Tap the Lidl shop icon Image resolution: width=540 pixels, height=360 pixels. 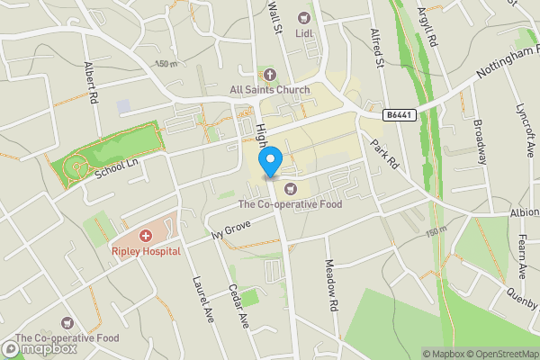pyautogui.click(x=302, y=17)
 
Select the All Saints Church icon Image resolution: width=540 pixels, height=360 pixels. pyautogui.click(x=269, y=75)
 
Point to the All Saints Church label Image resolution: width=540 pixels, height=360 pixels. pyautogui.click(x=269, y=90)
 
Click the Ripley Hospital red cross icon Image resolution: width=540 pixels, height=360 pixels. pyautogui.click(x=146, y=234)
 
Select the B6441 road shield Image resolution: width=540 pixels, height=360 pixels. pyautogui.click(x=400, y=115)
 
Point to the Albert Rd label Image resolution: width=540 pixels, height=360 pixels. pyautogui.click(x=89, y=83)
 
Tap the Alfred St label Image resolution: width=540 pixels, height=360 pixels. pyautogui.click(x=377, y=49)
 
